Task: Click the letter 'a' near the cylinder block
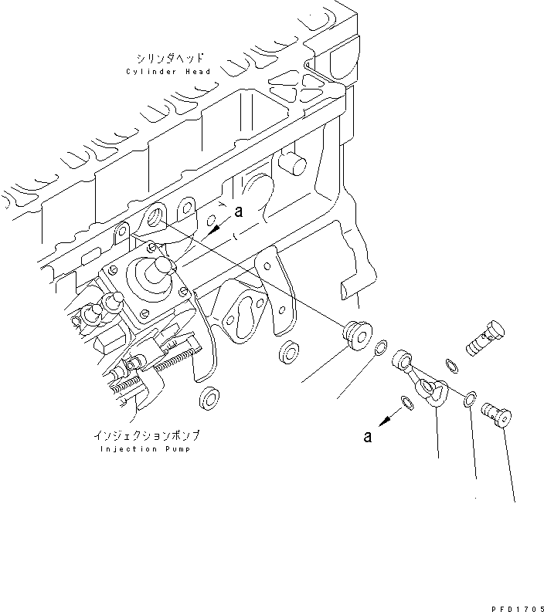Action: coord(239,211)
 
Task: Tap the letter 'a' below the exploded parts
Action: coord(368,437)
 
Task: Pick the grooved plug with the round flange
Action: coord(357,336)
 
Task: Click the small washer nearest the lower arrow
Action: coord(406,401)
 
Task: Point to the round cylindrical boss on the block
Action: coord(293,161)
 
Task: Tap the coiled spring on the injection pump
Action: coord(181,360)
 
